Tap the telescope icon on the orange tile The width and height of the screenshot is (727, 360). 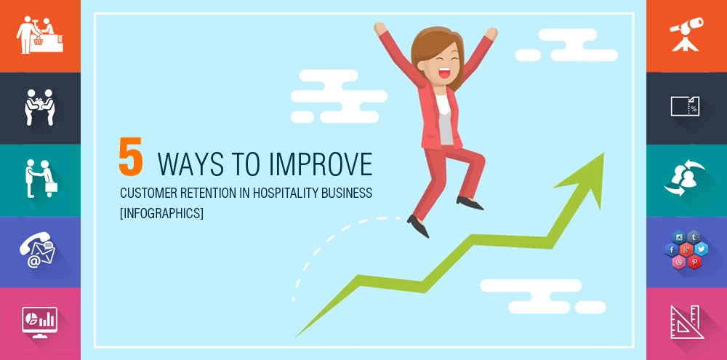pyautogui.click(x=686, y=34)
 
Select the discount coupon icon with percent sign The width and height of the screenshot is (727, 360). pyautogui.click(x=685, y=107)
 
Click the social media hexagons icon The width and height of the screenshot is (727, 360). pyautogui.click(x=686, y=249)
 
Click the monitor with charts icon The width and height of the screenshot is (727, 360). pyautogui.click(x=39, y=321)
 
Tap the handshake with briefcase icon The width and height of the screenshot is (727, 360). pyautogui.click(x=39, y=179)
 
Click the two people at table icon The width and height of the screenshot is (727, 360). pyautogui.click(x=39, y=107)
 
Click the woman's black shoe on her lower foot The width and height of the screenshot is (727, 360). pyautogui.click(x=418, y=225)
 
